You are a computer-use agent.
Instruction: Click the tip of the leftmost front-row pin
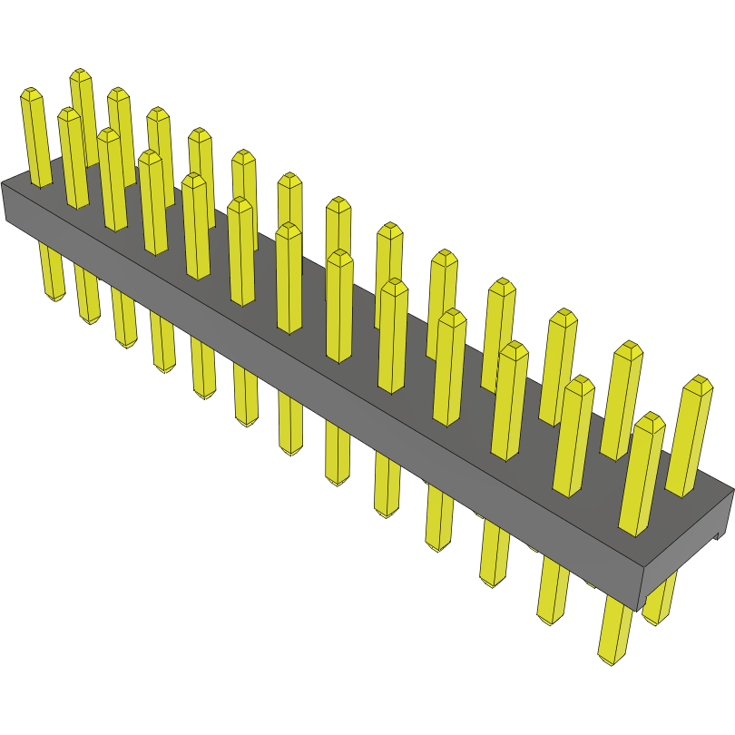click(x=31, y=93)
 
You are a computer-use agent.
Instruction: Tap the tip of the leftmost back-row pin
click(x=81, y=73)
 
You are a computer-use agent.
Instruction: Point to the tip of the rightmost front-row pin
click(x=650, y=418)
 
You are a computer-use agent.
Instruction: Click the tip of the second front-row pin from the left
click(x=68, y=113)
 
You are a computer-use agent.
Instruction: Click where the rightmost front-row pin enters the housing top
click(x=633, y=529)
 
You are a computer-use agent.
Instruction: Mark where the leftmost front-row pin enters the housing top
click(x=42, y=184)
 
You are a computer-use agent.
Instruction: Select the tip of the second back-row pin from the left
click(x=117, y=93)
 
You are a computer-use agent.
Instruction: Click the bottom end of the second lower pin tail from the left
click(x=90, y=319)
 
